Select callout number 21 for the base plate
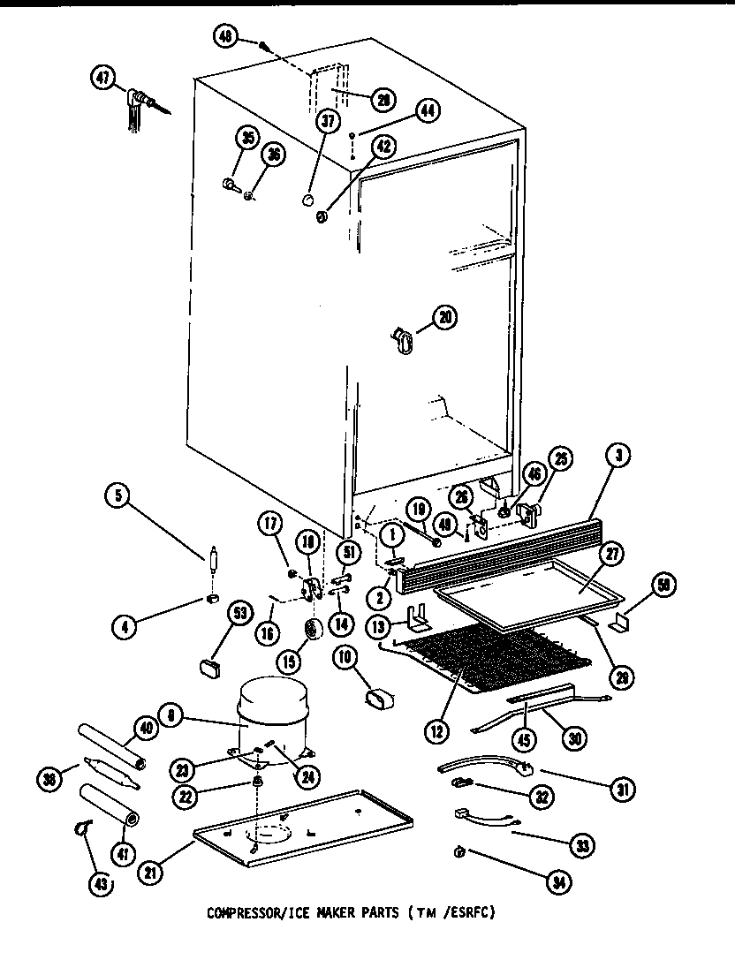click(151, 874)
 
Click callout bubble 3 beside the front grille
click(622, 457)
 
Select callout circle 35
click(246, 137)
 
